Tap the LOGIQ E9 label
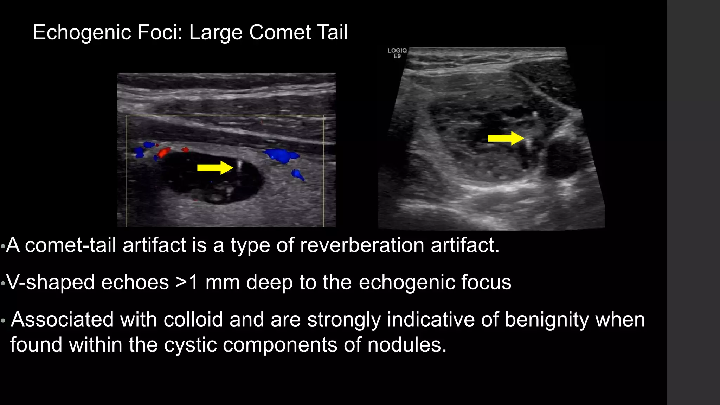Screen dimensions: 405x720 pyautogui.click(x=397, y=53)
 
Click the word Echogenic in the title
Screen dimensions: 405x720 pyautogui.click(x=82, y=32)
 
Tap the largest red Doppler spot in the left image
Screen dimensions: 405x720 pyautogui.click(x=164, y=153)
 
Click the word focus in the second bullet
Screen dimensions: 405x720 pyautogui.click(x=488, y=282)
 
